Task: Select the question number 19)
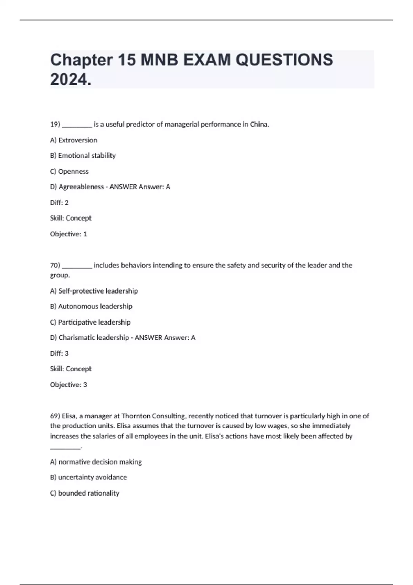(55, 124)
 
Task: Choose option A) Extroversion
(74, 140)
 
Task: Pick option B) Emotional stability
(83, 156)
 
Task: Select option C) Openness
(69, 171)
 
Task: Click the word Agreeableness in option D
(81, 187)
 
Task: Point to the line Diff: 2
(59, 203)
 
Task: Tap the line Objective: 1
(68, 234)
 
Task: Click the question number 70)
(55, 265)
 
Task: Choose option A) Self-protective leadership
(94, 291)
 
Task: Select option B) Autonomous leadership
(91, 306)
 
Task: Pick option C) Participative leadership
(91, 322)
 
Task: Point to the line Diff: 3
(59, 353)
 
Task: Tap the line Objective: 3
(68, 385)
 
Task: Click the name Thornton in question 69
(136, 416)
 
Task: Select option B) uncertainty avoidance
(88, 477)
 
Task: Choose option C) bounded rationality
(85, 493)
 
